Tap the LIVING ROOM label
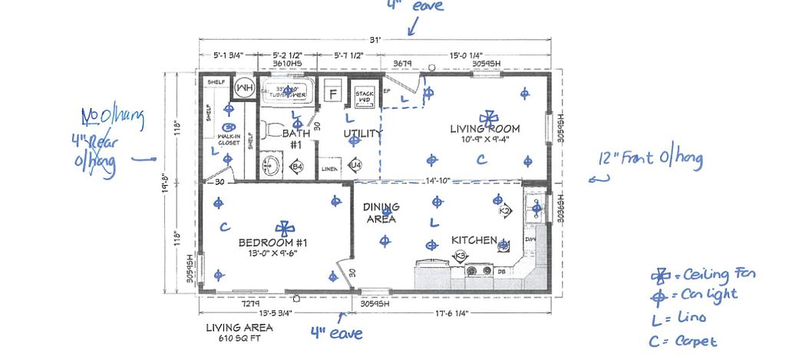484,129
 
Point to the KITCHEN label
474,240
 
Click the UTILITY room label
362,134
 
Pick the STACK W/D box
365,95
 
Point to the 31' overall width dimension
375,41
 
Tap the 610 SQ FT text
239,339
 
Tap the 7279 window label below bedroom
251,304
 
